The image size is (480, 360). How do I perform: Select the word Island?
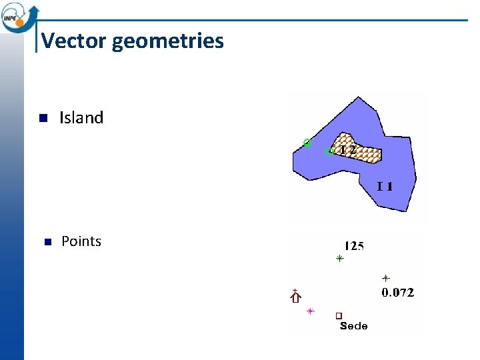[81, 118]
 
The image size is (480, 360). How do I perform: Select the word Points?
[81, 241]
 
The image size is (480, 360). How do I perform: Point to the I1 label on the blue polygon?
[385, 186]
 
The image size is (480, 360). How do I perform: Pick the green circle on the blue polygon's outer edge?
[307, 142]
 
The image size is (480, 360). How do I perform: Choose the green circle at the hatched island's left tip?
[329, 152]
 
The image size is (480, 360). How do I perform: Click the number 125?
[354, 246]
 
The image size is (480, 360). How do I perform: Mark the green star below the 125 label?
[339, 258]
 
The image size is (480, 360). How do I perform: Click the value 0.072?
[397, 292]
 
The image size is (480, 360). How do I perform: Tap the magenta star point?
[310, 311]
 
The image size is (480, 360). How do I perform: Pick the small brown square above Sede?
[339, 315]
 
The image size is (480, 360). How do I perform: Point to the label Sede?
[353, 326]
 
